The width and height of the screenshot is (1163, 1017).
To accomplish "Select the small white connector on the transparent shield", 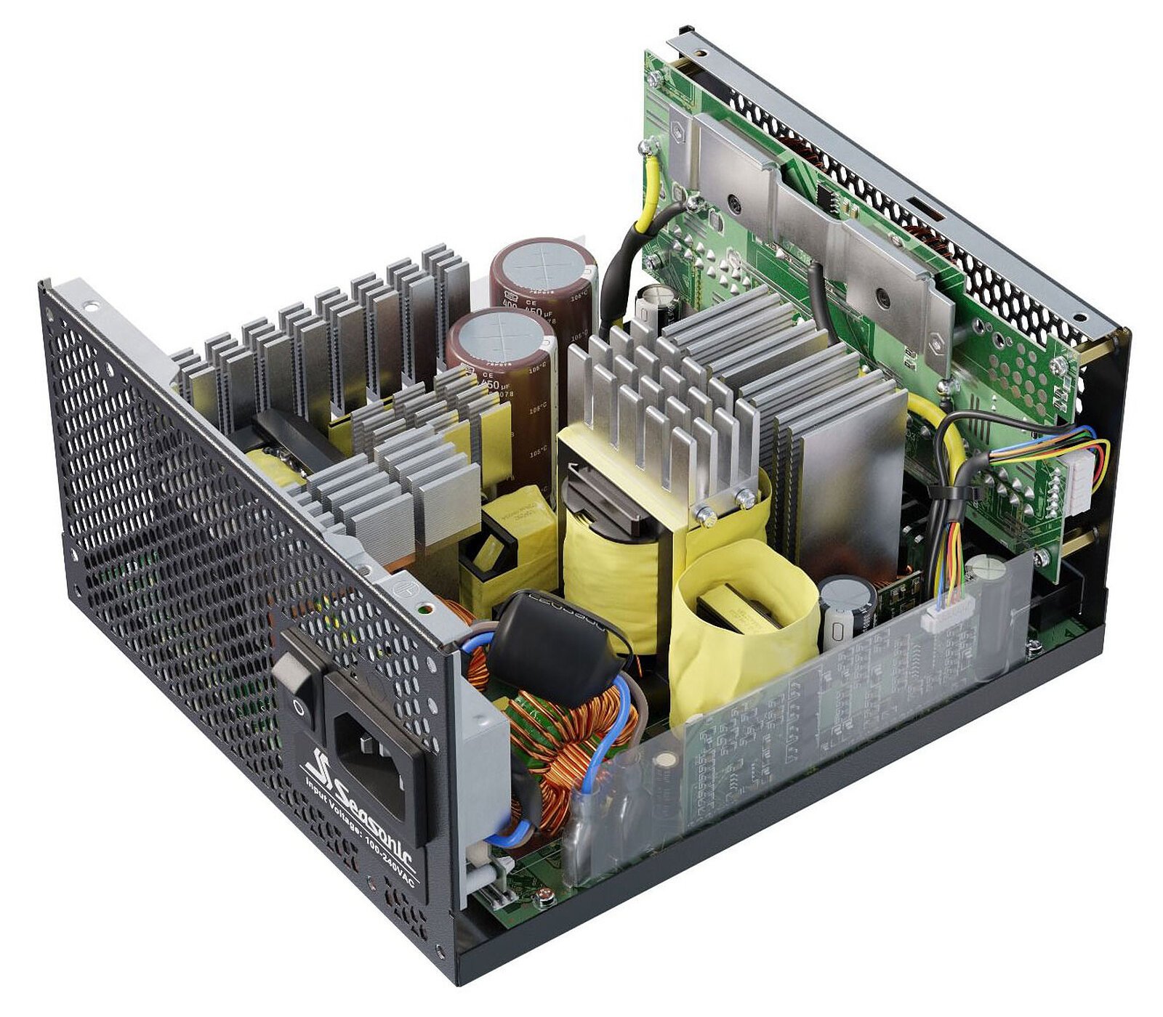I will point(945,618).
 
